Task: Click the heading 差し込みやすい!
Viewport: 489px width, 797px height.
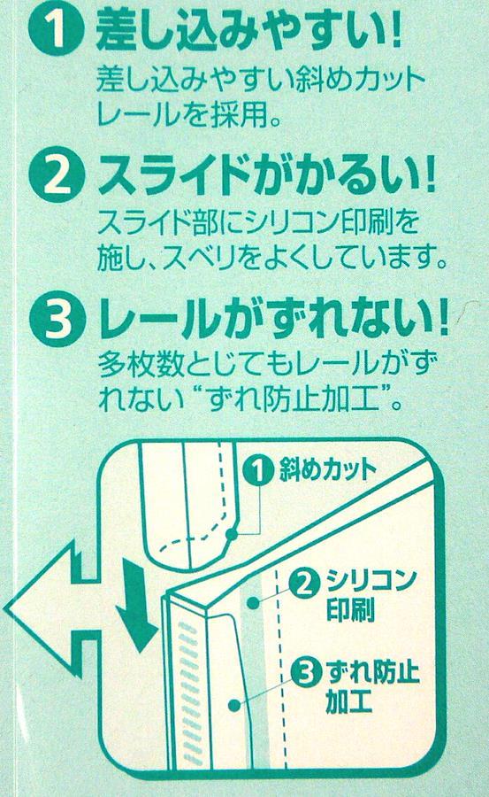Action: click(x=248, y=30)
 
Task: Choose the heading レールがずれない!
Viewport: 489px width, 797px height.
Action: click(x=273, y=318)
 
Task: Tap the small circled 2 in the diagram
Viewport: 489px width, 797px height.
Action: click(x=304, y=584)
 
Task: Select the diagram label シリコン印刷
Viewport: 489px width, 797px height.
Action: click(x=371, y=596)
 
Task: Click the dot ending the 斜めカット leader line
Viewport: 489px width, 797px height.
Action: click(x=232, y=534)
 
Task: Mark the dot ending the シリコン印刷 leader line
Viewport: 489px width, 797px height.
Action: click(x=252, y=603)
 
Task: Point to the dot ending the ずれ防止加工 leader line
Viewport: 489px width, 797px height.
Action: click(x=233, y=706)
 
